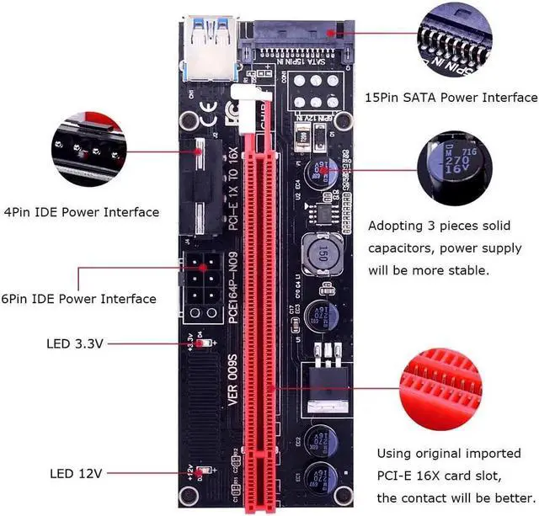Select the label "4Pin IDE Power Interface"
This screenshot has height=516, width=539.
[82, 211]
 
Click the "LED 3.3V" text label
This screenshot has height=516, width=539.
[75, 343]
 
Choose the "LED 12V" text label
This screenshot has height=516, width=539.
[76, 474]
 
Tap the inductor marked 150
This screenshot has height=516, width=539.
[321, 253]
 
